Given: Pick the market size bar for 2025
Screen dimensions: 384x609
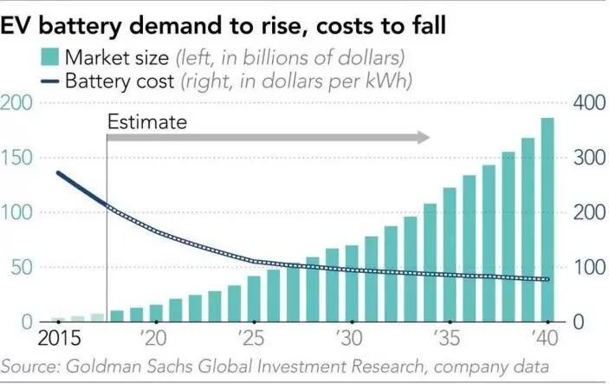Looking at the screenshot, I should [254, 299].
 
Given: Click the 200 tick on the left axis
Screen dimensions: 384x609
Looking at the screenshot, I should [18, 103].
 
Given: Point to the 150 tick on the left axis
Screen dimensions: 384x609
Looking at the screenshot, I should [18, 158].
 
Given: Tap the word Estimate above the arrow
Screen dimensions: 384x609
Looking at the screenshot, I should [146, 122].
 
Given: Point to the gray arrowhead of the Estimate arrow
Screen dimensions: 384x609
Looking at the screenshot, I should [422, 137].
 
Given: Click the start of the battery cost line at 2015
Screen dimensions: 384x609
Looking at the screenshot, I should [58, 173].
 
